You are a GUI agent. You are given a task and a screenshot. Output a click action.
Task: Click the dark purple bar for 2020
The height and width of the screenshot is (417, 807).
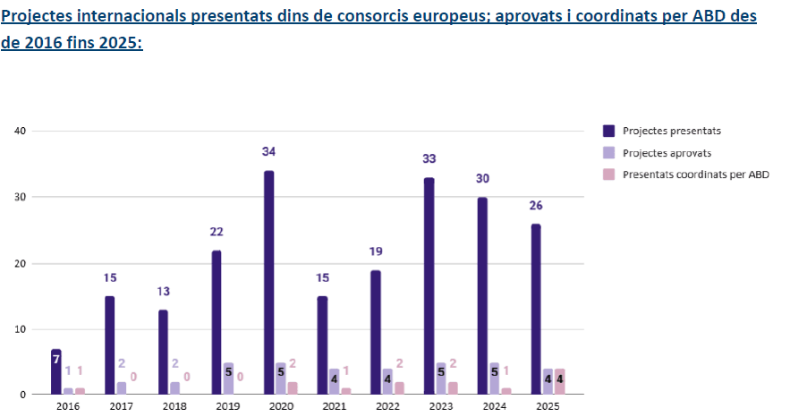tap(268, 282)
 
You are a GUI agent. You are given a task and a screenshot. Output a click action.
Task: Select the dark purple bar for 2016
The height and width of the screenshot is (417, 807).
tap(56, 371)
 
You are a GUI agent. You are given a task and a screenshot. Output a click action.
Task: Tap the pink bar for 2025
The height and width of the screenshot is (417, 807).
tap(559, 381)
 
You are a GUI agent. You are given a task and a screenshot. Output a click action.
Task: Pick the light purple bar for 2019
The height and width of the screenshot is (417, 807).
tap(228, 378)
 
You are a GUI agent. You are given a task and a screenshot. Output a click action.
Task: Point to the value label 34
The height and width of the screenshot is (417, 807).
tap(268, 152)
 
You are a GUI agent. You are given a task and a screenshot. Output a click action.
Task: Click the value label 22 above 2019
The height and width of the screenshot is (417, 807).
tap(216, 232)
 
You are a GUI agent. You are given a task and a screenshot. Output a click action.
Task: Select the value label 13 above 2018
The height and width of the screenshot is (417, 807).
tap(163, 291)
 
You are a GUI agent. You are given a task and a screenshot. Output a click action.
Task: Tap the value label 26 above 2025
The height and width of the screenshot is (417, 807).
tap(535, 205)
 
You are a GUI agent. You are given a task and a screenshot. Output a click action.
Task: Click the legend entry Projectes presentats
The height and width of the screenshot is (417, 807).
tap(671, 131)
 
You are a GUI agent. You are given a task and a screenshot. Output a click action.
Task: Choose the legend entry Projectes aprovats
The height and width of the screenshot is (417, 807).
tap(667, 153)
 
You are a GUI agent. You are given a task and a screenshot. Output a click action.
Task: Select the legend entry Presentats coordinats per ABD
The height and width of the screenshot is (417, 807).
tap(695, 174)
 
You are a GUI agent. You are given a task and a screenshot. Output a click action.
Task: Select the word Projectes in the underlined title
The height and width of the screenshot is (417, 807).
tap(41, 17)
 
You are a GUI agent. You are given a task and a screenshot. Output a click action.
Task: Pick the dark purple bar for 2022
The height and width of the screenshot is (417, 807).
tap(375, 332)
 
